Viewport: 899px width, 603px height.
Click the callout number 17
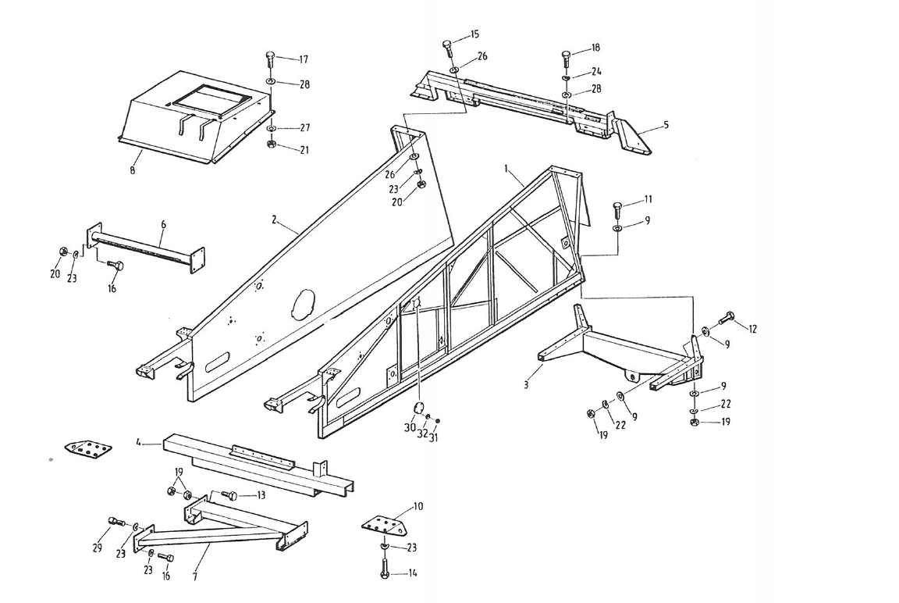point(304,59)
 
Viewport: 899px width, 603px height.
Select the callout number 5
point(666,124)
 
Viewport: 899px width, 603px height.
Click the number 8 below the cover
point(133,170)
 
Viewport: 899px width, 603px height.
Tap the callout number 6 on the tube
point(163,224)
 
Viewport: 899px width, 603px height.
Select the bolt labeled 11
point(617,209)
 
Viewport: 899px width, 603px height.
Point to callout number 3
point(527,386)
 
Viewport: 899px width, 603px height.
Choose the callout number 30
point(410,428)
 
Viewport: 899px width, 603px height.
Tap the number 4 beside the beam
point(138,443)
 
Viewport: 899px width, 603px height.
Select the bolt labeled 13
point(229,494)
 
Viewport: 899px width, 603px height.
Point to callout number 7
point(194,577)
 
